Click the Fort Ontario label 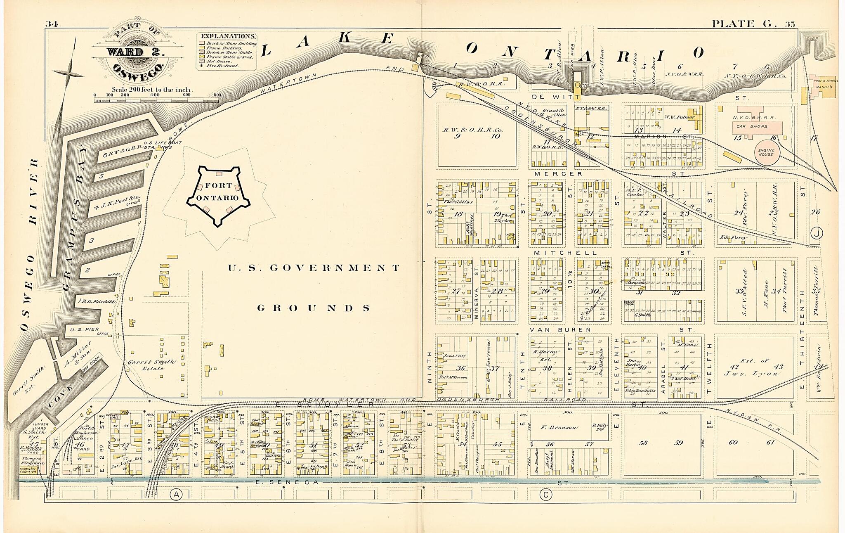(x=218, y=192)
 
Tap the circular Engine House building (x=767, y=152)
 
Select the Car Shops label (x=752, y=126)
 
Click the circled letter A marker (x=176, y=494)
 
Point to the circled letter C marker (x=545, y=494)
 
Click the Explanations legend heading (x=228, y=36)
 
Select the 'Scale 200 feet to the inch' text (x=152, y=89)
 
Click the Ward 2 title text (x=135, y=52)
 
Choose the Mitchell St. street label (x=565, y=253)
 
